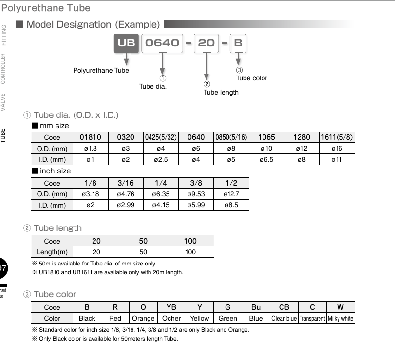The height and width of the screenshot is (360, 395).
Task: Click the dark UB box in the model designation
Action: pyautogui.click(x=126, y=43)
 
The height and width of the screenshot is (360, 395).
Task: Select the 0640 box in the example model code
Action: pyautogui.click(x=162, y=43)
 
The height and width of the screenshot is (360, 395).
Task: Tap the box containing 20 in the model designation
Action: pyautogui.click(x=206, y=43)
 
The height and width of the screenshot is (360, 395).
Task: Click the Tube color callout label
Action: pyautogui.click(x=252, y=78)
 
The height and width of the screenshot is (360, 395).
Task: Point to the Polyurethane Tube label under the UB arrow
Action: pyautogui.click(x=101, y=70)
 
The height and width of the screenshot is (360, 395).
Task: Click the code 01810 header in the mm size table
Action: pyautogui.click(x=90, y=137)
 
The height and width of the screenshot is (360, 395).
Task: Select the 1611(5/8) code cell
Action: pyautogui.click(x=337, y=137)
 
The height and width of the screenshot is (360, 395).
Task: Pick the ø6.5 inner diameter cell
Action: pyautogui.click(x=266, y=159)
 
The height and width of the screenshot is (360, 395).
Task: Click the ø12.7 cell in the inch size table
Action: pyautogui.click(x=231, y=194)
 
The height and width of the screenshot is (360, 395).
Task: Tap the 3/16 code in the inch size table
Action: pyautogui.click(x=125, y=183)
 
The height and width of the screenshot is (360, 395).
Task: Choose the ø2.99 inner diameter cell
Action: pyautogui.click(x=125, y=205)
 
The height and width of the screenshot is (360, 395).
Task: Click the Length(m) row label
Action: pyautogui.click(x=52, y=252)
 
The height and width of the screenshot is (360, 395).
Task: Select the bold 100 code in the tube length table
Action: pyautogui.click(x=190, y=241)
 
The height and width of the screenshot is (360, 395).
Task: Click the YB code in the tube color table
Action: pyautogui.click(x=171, y=307)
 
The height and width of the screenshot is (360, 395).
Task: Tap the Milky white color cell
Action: pyautogui.click(x=340, y=319)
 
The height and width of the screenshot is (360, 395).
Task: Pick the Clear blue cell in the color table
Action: pyautogui.click(x=284, y=319)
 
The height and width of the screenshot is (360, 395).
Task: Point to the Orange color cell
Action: pyautogui.click(x=143, y=319)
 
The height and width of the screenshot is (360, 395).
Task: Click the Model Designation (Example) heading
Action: pyautogui.click(x=93, y=24)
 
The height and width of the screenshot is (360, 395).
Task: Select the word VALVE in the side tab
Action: pyautogui.click(x=3, y=102)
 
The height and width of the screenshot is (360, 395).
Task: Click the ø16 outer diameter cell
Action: pyautogui.click(x=337, y=149)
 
